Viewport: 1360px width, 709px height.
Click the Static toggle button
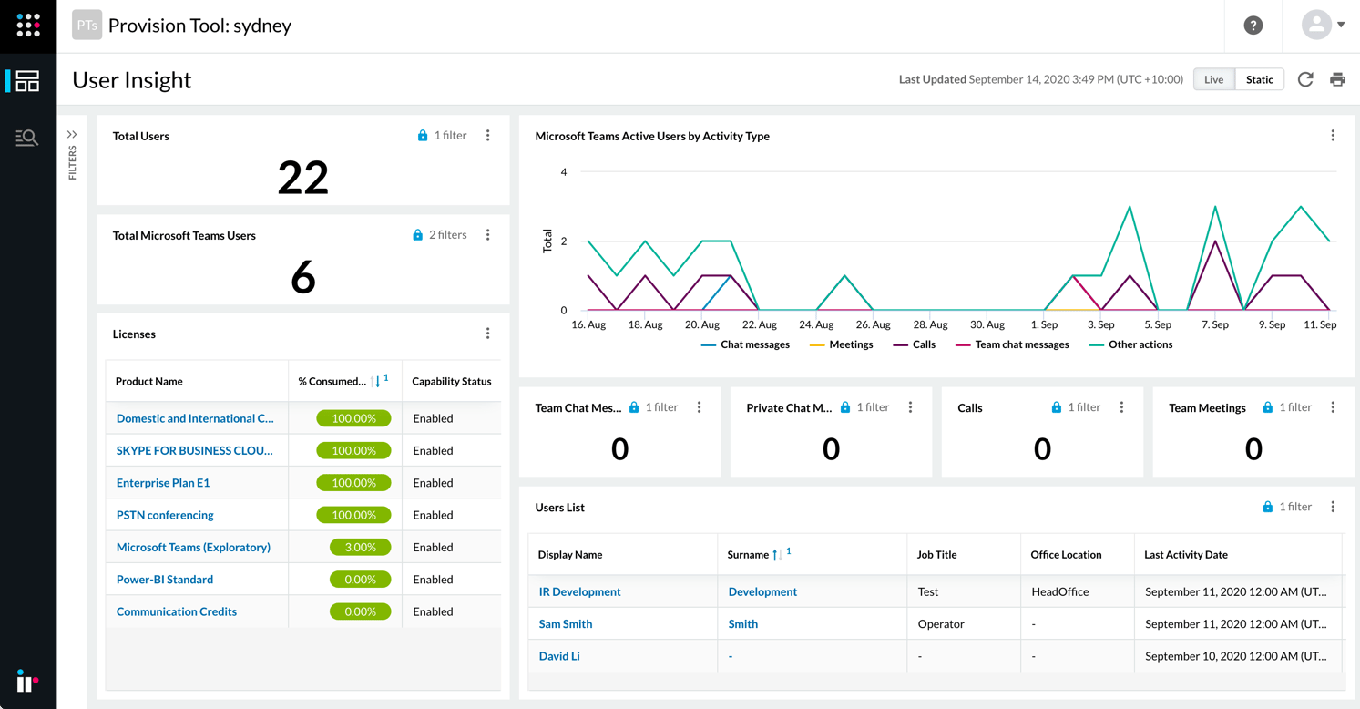pos(1259,79)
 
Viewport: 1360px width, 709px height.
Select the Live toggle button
pos(1213,79)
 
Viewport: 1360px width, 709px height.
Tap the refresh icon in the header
pos(1305,79)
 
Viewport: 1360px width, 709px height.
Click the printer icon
pos(1337,79)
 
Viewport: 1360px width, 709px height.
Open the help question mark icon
pos(1253,26)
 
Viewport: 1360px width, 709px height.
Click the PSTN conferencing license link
pos(165,515)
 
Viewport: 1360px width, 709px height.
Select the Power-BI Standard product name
pos(165,580)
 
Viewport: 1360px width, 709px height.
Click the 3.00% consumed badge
pos(360,547)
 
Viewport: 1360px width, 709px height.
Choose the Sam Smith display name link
pos(566,624)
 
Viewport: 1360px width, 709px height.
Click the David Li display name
pos(559,656)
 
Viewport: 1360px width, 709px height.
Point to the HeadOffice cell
pos(1059,591)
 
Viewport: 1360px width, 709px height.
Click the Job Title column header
pos(936,554)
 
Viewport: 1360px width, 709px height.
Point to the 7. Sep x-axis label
pos(1214,324)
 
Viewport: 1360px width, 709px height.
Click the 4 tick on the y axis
pos(564,171)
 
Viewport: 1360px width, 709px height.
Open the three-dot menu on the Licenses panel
pos(487,334)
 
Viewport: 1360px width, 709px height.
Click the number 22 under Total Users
pos(302,177)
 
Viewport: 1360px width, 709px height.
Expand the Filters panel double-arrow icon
pos(72,135)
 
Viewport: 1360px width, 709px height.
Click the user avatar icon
pos(1316,25)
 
